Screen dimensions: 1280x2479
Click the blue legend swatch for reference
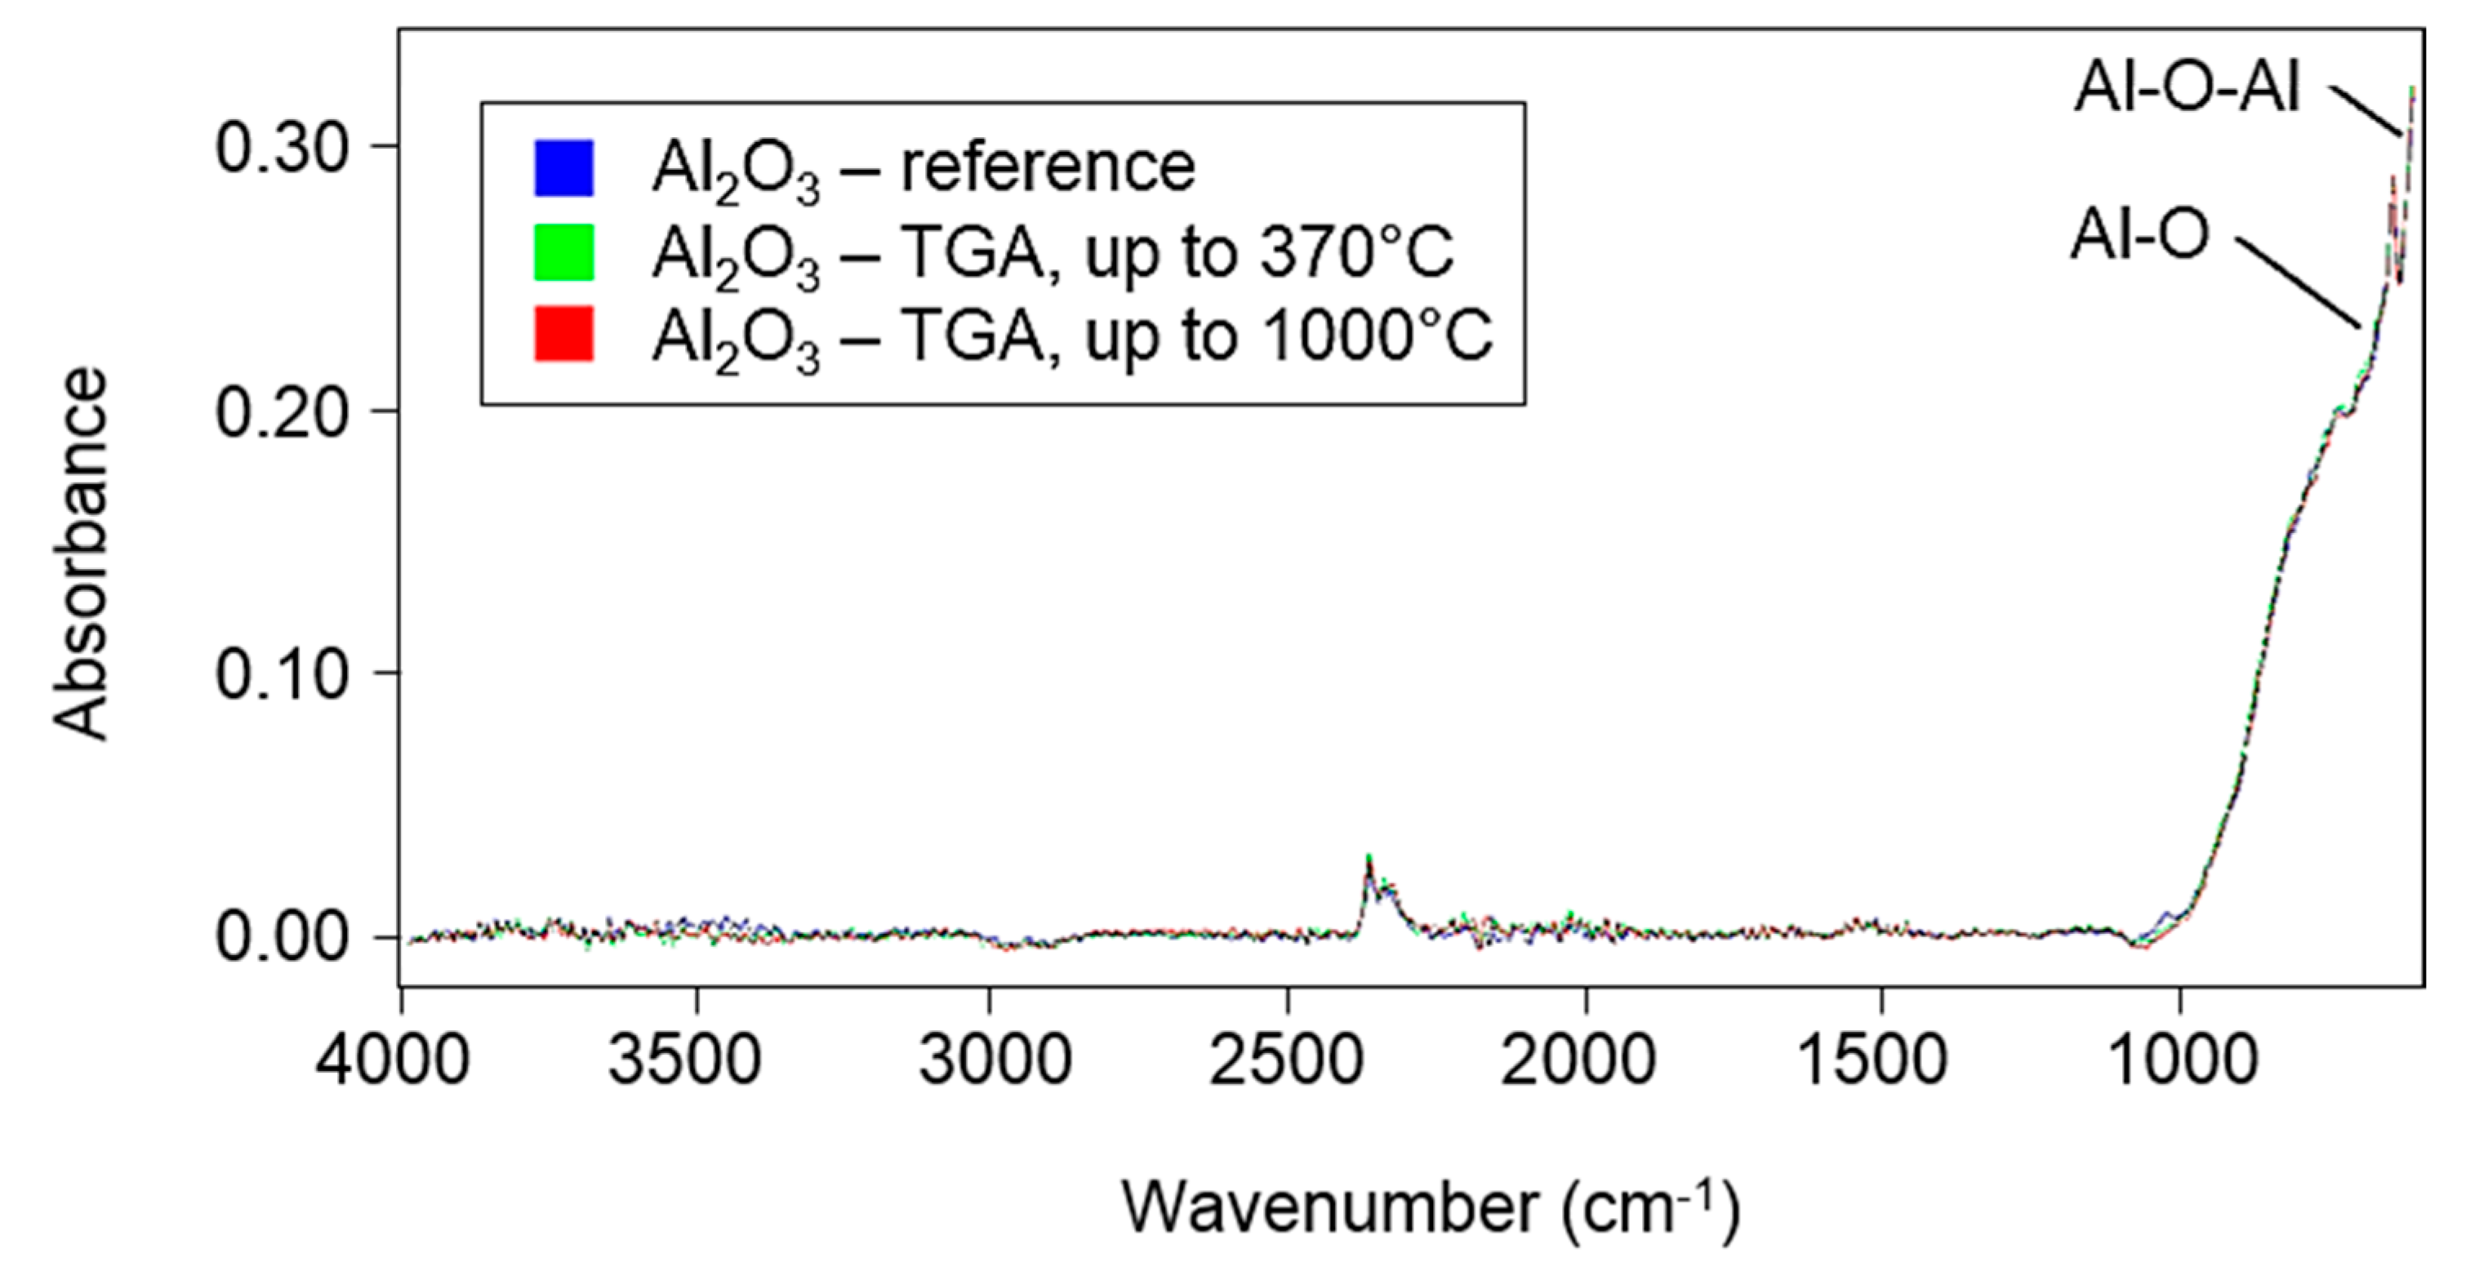[564, 168]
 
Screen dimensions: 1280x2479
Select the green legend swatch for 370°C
[564, 252]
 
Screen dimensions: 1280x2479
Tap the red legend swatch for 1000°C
[564, 334]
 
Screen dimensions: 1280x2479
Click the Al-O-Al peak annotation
[2187, 91]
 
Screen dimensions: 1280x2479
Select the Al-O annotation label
[2139, 236]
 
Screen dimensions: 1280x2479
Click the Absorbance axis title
[80, 554]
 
